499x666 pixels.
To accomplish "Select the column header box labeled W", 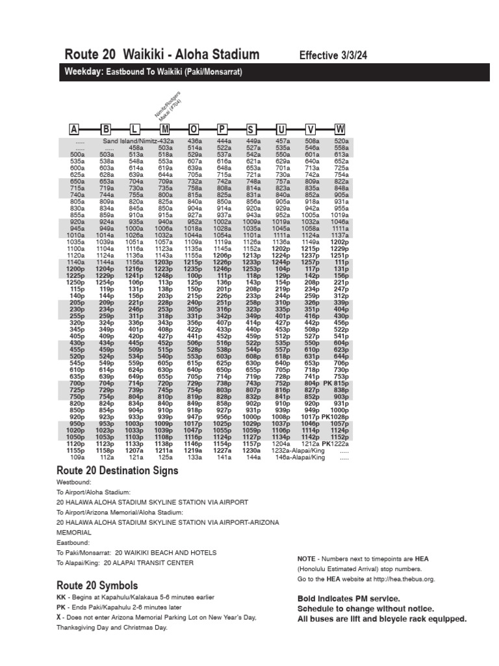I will (340, 129).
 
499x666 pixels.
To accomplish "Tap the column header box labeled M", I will (165, 129).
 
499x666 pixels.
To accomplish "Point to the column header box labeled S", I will (252, 129).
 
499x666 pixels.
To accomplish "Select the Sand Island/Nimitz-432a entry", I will (138, 141).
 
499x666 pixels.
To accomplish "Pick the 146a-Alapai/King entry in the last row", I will (300, 458).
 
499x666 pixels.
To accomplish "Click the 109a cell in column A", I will (77, 458).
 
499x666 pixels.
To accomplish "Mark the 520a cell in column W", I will (341, 141).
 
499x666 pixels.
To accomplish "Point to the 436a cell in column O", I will (194, 141).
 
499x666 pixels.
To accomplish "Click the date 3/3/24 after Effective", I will (351, 56).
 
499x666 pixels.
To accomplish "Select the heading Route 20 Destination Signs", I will (117, 471).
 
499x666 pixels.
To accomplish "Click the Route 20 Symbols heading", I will (97, 585).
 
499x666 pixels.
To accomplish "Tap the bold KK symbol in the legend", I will (62, 597).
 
